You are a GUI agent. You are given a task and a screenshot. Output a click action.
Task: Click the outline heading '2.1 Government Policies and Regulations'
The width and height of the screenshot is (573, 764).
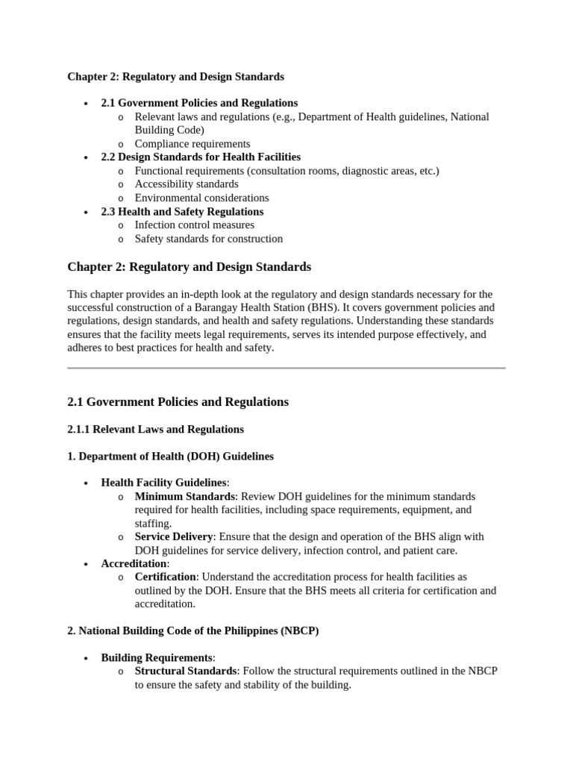[x=199, y=103]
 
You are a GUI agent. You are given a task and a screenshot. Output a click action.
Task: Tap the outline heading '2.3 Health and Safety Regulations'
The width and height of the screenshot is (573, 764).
[x=182, y=211]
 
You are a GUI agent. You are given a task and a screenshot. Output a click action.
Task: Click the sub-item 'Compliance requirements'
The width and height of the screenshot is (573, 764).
[x=192, y=143]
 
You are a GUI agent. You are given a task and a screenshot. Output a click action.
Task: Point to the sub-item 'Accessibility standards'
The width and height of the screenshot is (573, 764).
[x=187, y=184]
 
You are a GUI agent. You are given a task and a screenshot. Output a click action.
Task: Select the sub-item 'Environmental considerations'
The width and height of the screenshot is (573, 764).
[x=201, y=198]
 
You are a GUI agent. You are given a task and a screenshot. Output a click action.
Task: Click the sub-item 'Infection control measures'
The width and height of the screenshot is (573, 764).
[x=194, y=225]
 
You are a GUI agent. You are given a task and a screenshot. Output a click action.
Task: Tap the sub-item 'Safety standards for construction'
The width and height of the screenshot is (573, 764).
[x=208, y=239]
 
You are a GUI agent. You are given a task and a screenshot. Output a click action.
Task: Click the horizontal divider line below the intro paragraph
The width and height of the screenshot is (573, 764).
[x=286, y=368]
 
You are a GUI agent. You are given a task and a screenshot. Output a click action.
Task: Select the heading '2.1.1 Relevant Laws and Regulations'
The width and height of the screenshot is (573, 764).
[x=155, y=429]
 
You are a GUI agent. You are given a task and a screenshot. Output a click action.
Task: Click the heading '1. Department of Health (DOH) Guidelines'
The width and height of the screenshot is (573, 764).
[x=170, y=456]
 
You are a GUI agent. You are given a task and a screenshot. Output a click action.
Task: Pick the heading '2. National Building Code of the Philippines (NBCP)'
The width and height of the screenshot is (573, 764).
[x=192, y=630]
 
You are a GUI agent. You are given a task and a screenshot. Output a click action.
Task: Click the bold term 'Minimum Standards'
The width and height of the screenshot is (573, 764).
[x=184, y=496]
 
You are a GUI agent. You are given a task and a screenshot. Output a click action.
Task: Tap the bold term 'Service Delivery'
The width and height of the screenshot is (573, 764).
[x=173, y=536]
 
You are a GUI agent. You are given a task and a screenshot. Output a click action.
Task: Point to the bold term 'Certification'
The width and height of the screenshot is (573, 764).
[x=165, y=577]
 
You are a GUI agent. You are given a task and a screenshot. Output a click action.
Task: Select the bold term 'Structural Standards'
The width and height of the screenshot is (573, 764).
[x=185, y=671]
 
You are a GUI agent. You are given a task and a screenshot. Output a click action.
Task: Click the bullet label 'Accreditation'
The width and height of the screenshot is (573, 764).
[x=134, y=563]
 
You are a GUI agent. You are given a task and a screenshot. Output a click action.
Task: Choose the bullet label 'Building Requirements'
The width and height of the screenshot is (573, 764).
[x=157, y=657]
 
